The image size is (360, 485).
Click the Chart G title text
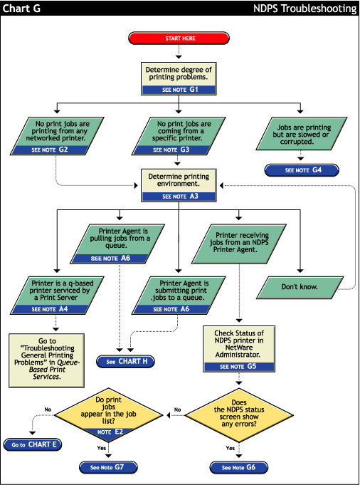22,9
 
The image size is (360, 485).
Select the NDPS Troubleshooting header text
305,9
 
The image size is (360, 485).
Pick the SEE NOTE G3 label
177,150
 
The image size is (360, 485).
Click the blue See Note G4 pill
302,170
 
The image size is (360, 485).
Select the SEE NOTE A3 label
177,196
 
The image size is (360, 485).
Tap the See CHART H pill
127,361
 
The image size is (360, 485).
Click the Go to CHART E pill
32,445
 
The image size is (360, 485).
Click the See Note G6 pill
238,467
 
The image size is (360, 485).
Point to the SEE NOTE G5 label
238,366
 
